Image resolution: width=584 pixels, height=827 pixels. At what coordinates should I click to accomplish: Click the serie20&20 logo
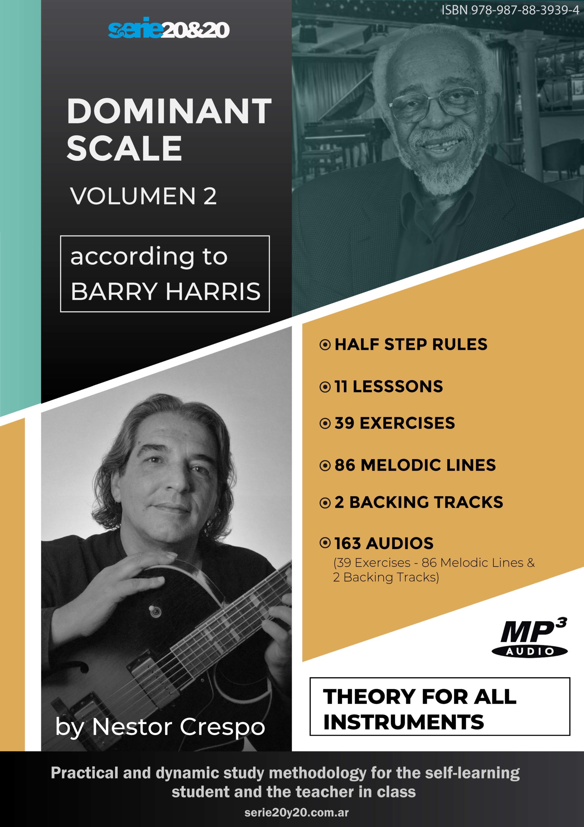coord(169,28)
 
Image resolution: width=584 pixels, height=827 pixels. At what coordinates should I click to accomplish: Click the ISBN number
coord(510,10)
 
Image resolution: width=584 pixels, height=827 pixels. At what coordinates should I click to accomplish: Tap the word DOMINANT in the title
coord(169,111)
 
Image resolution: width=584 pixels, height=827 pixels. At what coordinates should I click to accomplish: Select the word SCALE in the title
coord(125,148)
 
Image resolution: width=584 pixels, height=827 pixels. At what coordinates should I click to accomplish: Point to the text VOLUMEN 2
coord(143,196)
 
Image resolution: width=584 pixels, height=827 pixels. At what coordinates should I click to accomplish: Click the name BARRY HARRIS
coord(166,291)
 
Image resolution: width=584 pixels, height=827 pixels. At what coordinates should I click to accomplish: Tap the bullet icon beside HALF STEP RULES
coord(325,345)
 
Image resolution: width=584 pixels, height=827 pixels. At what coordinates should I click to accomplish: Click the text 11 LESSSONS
coord(388,386)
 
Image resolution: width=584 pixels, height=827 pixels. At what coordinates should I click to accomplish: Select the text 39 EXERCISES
coord(395,423)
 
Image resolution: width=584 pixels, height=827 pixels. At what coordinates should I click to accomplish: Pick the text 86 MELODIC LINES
coord(415,465)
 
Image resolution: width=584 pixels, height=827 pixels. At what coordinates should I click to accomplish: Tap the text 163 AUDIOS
coord(384,543)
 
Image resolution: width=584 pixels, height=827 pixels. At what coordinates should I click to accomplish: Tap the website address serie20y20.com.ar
coord(296,812)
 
